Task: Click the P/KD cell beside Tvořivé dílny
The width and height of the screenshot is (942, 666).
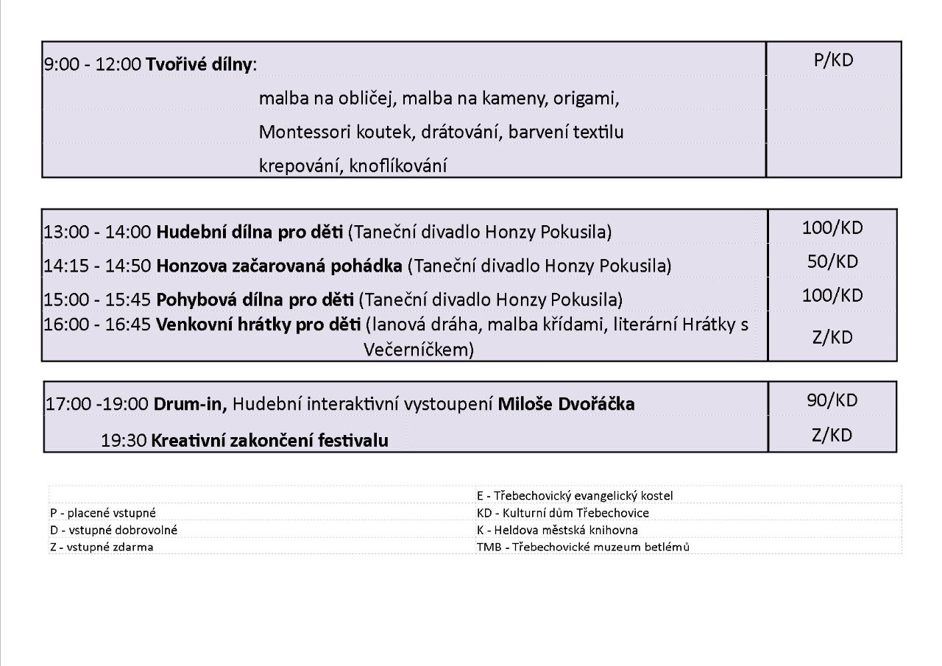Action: [833, 60]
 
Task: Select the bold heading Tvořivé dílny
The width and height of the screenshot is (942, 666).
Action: [199, 64]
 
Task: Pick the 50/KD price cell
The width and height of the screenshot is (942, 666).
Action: [832, 261]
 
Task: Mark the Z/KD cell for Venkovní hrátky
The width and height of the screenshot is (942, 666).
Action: [832, 337]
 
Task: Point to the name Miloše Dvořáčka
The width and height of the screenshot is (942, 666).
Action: [566, 404]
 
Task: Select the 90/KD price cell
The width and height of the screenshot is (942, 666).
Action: [832, 400]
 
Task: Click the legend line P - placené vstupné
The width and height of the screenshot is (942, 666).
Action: [102, 513]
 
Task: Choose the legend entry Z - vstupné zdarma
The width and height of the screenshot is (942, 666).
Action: [102, 548]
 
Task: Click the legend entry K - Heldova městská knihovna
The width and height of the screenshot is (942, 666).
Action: [557, 530]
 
